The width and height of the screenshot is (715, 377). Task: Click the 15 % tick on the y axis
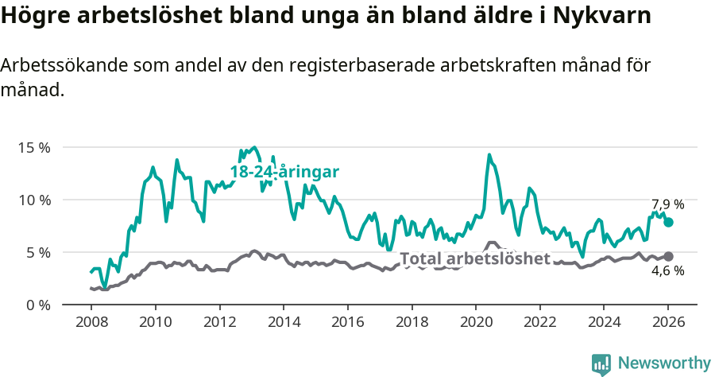[x=35, y=147]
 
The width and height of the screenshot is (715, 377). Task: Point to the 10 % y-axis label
[x=35, y=200]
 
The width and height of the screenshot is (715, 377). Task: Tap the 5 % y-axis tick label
[x=38, y=252]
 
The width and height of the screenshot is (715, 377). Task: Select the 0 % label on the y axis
[x=38, y=305]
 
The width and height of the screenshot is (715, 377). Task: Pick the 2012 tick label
[x=219, y=323]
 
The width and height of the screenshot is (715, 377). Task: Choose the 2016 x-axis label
[x=347, y=323]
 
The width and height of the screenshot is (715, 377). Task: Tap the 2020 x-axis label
[x=476, y=323]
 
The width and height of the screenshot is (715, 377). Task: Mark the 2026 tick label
[x=668, y=323]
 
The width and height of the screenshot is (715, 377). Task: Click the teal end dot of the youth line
[x=668, y=223]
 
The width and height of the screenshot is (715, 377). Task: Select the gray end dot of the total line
[x=668, y=256]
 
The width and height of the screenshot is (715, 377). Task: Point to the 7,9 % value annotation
[x=667, y=204]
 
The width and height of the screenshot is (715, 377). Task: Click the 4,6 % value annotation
[x=667, y=271]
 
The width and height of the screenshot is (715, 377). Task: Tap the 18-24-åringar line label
[x=284, y=172]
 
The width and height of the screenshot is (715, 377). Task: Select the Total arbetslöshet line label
[x=474, y=258]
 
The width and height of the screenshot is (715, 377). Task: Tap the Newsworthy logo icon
[x=601, y=364]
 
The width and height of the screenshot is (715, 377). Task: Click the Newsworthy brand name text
[x=664, y=363]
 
